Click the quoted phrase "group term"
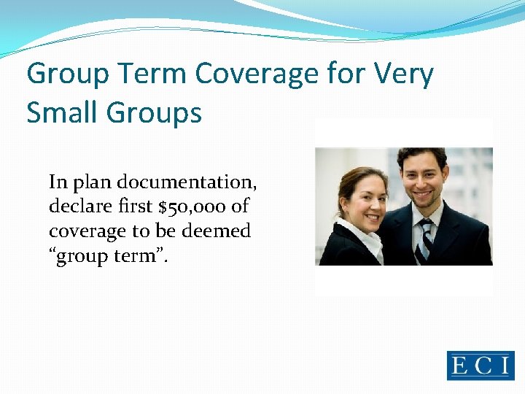pos(109,257)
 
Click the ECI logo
pos(481,366)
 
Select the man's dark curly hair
pos(421,155)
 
